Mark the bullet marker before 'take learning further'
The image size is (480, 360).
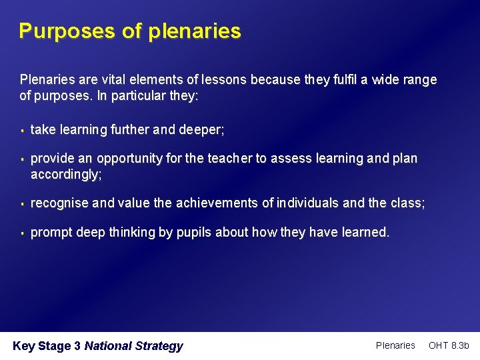click(22, 131)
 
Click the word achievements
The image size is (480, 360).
click(216, 203)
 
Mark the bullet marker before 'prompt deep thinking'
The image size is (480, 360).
click(22, 233)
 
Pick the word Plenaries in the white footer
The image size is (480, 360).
click(395, 345)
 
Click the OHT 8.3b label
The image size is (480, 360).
click(449, 345)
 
